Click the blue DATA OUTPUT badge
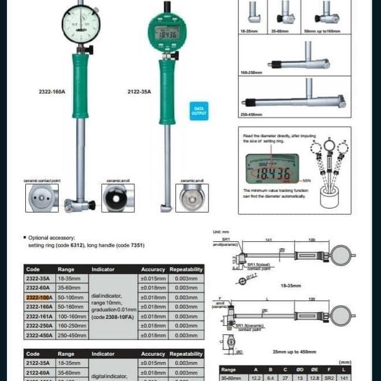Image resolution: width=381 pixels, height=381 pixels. tap(199, 110)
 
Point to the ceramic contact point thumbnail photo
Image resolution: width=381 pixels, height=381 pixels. tap(42, 198)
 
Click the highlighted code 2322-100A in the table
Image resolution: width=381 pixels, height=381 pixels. tap(39, 297)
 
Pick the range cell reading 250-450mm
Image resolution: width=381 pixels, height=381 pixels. tap(71, 335)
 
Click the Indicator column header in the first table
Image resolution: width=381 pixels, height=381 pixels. tap(103, 269)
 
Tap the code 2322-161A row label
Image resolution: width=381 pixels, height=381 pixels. tap(39, 316)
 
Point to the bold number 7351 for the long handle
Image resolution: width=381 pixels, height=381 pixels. tap(136, 245)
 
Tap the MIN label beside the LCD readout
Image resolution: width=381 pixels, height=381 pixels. tap(307, 179)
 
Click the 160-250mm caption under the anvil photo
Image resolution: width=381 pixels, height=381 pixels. tap(251, 72)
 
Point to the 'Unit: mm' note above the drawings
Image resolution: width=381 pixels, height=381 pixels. tap(221, 232)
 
